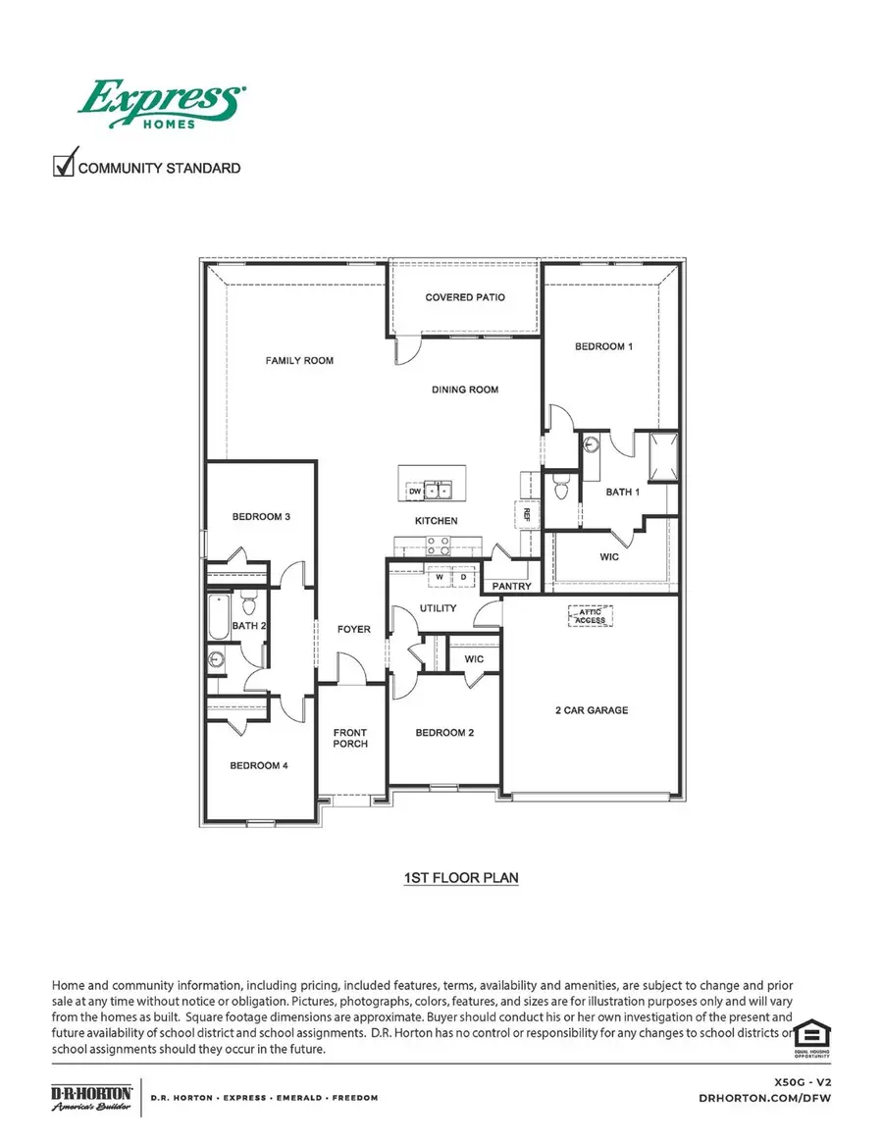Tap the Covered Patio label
pos(465,297)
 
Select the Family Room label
pos(299,361)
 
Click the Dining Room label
pos(465,390)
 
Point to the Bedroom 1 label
pos(603,347)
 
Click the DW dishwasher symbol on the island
pos(415,491)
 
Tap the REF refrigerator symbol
pos(526,512)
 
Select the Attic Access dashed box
pos(590,615)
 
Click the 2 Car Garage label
pos(589,710)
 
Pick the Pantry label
pos(512,587)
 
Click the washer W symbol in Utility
pos(441,578)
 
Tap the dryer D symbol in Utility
pos(463,578)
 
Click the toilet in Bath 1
pos(561,485)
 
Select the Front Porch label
pos(350,737)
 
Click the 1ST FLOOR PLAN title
pos(461,878)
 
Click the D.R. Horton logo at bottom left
pos(91,1097)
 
